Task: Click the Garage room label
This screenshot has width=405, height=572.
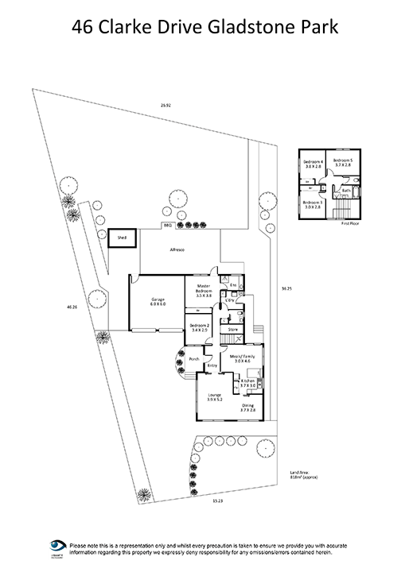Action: coord(158,302)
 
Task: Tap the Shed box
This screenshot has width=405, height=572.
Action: coord(122,237)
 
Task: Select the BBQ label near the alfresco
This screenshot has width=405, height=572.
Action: coord(167,226)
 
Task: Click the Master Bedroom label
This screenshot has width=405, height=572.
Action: coord(203,292)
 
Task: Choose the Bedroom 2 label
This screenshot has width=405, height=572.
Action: coord(199,327)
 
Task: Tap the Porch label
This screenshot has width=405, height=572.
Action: coord(193,359)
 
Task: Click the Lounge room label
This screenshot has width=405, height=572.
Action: coord(213,397)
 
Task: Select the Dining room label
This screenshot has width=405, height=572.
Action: coord(248,408)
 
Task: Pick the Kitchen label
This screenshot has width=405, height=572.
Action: coord(247,384)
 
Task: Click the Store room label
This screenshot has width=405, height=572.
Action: coord(234,328)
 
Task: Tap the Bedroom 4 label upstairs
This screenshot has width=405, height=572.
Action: coord(313,164)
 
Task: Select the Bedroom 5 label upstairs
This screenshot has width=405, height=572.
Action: coord(343,163)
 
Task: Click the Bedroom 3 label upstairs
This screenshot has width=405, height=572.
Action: coord(313,205)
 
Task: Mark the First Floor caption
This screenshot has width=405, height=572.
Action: coord(351,225)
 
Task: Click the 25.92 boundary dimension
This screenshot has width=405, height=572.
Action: coord(166,106)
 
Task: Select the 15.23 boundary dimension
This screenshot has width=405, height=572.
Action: coord(217,500)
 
